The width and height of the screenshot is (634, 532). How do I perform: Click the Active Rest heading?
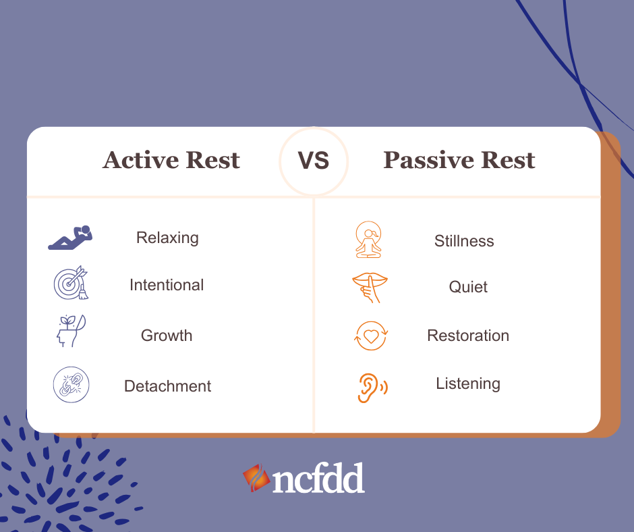(171, 161)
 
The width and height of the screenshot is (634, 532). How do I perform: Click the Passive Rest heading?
(459, 161)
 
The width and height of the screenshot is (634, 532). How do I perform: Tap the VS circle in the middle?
(314, 161)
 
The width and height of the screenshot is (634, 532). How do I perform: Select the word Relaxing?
(167, 238)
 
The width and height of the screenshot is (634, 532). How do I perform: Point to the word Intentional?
(167, 285)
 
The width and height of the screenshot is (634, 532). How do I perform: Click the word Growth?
(167, 336)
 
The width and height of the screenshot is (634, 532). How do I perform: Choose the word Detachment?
(167, 386)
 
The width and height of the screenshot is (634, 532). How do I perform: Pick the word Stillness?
(464, 241)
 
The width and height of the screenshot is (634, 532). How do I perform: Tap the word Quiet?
(468, 287)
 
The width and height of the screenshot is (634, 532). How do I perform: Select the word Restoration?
(468, 336)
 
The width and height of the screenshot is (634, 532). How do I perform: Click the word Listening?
(468, 383)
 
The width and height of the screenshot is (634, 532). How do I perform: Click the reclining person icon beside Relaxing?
(70, 238)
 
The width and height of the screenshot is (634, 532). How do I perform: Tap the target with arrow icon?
(71, 283)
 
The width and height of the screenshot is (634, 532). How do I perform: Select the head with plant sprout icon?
(70, 331)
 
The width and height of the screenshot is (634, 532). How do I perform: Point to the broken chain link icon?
(71, 385)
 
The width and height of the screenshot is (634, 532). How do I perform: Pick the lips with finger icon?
(370, 288)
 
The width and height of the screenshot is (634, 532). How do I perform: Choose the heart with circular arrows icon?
(371, 336)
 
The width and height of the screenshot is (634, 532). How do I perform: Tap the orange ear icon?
(371, 387)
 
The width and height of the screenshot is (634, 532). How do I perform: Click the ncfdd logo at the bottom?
(304, 479)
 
